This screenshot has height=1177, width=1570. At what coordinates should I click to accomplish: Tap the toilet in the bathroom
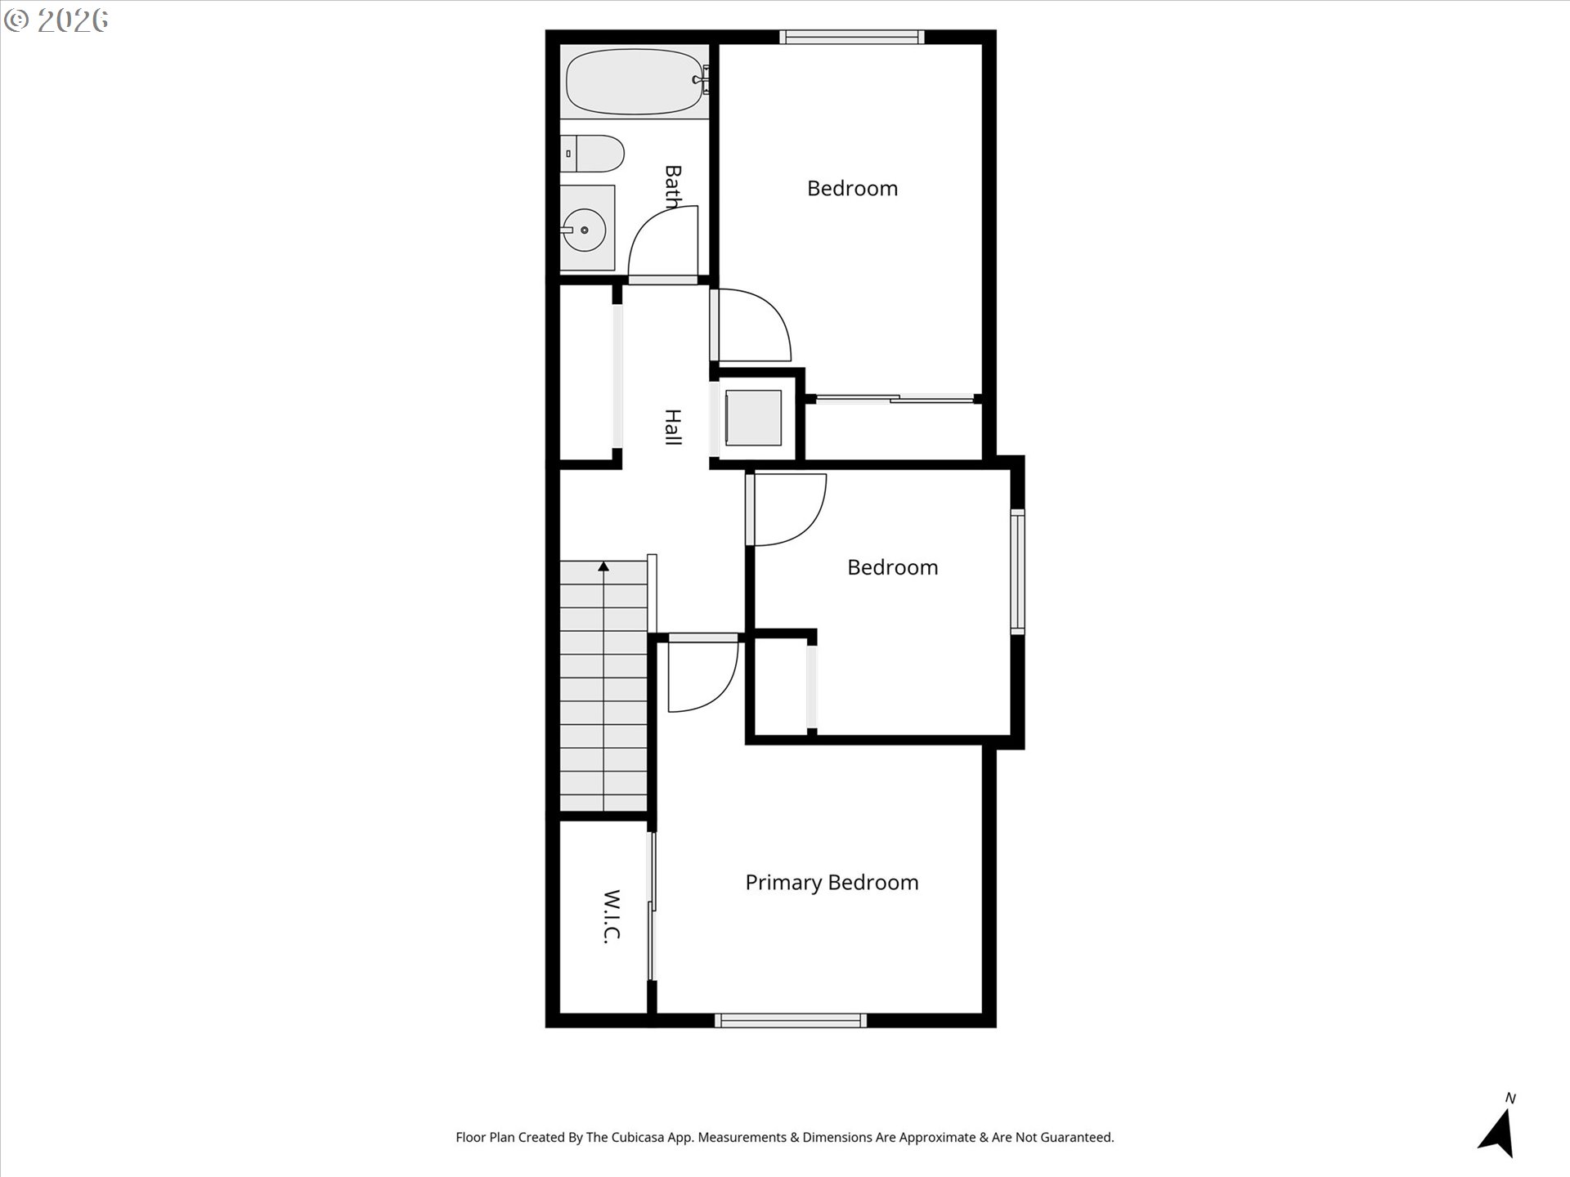point(593,154)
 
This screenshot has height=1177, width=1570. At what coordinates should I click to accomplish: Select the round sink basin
point(584,230)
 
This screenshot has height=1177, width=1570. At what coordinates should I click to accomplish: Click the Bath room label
point(673,186)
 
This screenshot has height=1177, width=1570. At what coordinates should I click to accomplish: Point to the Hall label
point(672,427)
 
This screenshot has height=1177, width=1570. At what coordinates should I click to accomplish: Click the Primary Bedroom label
point(832,883)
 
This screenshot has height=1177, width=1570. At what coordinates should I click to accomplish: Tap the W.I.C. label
point(612,916)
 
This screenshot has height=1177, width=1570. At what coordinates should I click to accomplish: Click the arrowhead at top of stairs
point(603,566)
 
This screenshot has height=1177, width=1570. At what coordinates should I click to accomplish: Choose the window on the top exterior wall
point(852,37)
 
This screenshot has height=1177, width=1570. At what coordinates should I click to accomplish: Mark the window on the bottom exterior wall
point(791,1020)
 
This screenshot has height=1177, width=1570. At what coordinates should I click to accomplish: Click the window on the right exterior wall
point(1017,571)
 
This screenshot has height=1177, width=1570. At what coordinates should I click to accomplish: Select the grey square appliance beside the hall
point(753,418)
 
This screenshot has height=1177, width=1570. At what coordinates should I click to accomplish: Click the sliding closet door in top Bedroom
point(895,399)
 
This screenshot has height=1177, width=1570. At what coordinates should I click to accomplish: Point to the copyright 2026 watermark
point(56,20)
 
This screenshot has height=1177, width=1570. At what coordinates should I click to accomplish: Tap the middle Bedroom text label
point(892,567)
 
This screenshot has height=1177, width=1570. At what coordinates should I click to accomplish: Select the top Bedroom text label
point(852,189)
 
